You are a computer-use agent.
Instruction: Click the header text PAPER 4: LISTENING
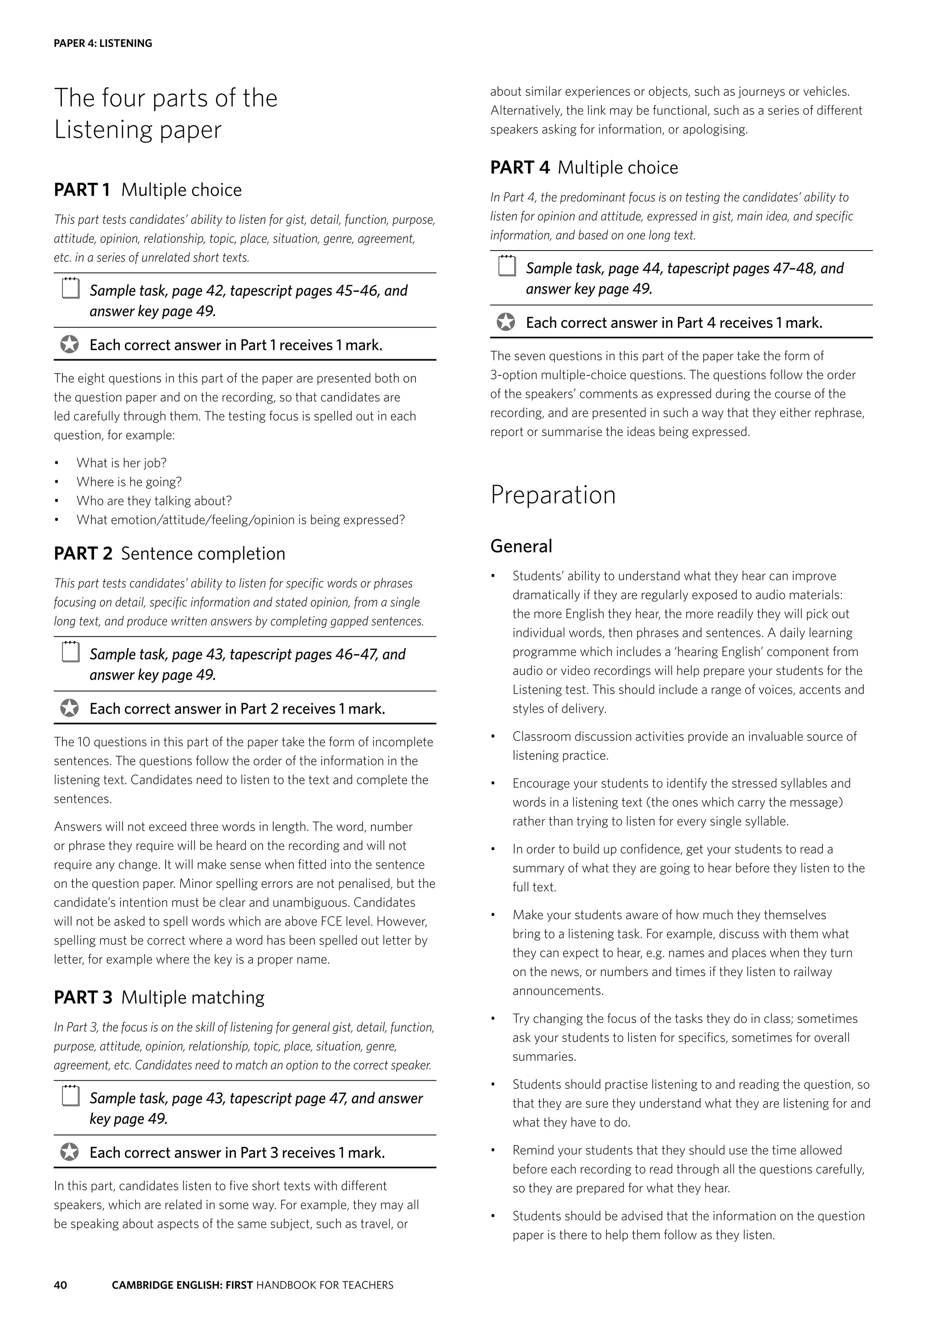click(102, 44)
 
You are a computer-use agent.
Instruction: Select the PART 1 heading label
click(82, 190)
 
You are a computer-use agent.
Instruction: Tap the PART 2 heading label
click(83, 553)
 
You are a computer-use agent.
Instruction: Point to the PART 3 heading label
click(83, 997)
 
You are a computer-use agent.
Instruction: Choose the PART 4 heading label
click(519, 168)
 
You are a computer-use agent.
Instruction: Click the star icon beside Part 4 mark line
click(505, 323)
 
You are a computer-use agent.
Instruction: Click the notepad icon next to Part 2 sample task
click(70, 653)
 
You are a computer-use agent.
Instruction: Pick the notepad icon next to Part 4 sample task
click(506, 266)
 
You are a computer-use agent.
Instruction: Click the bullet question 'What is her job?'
click(121, 463)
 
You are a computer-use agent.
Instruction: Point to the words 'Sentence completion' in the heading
click(202, 553)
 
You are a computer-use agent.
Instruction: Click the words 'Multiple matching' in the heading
click(193, 997)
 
